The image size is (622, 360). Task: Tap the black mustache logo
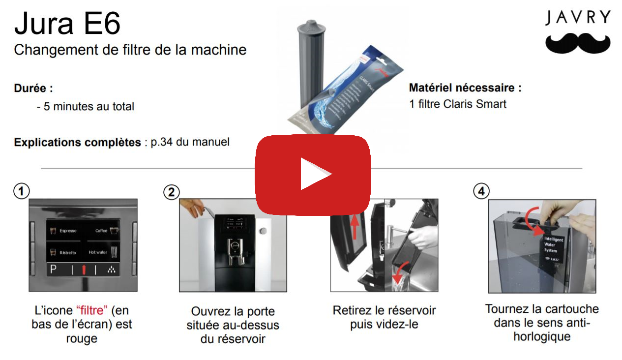pyautogui.click(x=578, y=43)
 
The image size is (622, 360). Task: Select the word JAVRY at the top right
pyautogui.click(x=578, y=18)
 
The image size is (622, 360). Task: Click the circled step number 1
pyautogui.click(x=21, y=192)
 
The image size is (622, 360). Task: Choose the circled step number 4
pyautogui.click(x=480, y=192)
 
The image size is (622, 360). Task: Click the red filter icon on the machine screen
pyautogui.click(x=84, y=270)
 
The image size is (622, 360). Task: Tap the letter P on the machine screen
pyautogui.click(x=53, y=270)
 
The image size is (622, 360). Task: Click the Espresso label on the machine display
pyautogui.click(x=67, y=231)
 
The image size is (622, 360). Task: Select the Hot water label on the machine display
pyautogui.click(x=97, y=252)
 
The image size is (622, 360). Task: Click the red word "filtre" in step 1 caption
pyautogui.click(x=92, y=311)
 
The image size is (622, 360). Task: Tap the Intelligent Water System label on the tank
pyautogui.click(x=550, y=244)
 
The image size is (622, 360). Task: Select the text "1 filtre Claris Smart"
pyautogui.click(x=457, y=104)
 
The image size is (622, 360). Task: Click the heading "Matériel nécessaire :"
pyautogui.click(x=465, y=88)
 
